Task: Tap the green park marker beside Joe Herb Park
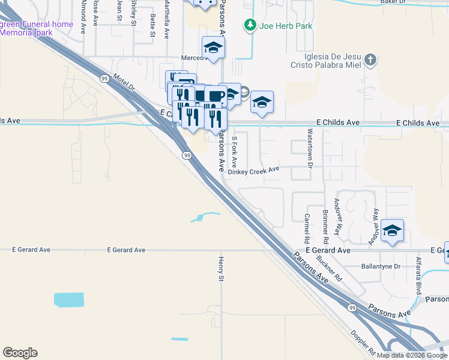pos(249,25)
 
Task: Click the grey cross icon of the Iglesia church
pos(371,59)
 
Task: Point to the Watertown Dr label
pos(310,148)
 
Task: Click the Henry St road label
pos(221,268)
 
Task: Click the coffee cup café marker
pos(215,95)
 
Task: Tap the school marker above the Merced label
pos(213,47)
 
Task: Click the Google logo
pos(20,353)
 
